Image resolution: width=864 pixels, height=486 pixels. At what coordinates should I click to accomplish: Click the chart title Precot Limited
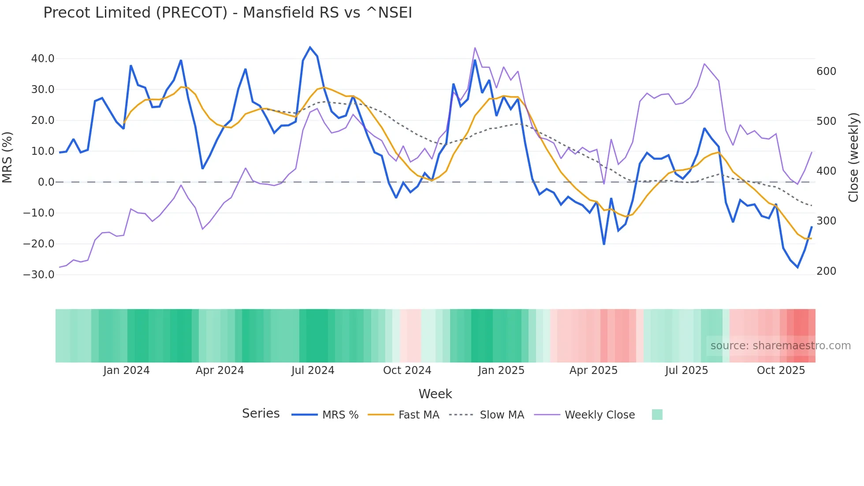(x=227, y=13)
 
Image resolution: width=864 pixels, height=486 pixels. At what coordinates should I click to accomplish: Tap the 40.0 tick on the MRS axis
(x=43, y=59)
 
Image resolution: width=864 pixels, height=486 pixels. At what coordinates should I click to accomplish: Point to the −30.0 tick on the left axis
(x=39, y=275)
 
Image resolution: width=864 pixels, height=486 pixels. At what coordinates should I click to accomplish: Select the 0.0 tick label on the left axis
(x=46, y=182)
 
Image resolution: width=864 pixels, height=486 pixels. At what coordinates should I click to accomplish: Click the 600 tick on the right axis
(x=826, y=71)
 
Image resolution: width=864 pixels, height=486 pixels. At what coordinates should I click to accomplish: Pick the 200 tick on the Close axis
(x=826, y=271)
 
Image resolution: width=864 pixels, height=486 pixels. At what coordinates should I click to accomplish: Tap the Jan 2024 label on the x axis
(x=127, y=370)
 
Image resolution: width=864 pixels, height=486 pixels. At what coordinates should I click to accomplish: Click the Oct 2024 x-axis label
(x=407, y=370)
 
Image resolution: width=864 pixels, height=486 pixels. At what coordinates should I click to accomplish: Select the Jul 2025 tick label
(x=686, y=370)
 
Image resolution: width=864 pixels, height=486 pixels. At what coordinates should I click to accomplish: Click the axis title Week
(x=435, y=394)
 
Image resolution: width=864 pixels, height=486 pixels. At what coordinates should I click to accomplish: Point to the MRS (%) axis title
(x=7, y=157)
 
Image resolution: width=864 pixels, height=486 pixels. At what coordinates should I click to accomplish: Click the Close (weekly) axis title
(x=853, y=157)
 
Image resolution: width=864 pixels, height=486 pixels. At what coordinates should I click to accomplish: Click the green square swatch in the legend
(x=657, y=415)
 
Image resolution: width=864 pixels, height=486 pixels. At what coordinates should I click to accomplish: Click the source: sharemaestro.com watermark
(x=780, y=346)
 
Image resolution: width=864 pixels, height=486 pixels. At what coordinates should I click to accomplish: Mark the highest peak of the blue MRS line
(x=310, y=47)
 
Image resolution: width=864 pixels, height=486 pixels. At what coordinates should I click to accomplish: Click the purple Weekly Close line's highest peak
(x=475, y=48)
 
